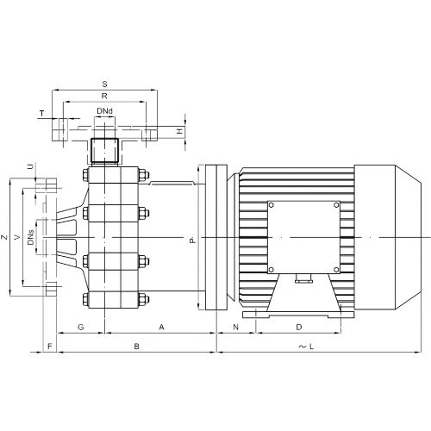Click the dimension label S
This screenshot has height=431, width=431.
(104, 84)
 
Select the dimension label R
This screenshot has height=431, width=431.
(104, 96)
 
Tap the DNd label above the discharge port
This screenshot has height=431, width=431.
(104, 111)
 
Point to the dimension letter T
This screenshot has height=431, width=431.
(42, 114)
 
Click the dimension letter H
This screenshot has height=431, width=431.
(179, 131)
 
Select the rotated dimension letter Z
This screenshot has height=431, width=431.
(4, 237)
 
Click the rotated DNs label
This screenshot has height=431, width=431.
(31, 237)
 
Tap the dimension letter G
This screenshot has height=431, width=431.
(81, 327)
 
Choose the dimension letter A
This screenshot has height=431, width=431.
(162, 327)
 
